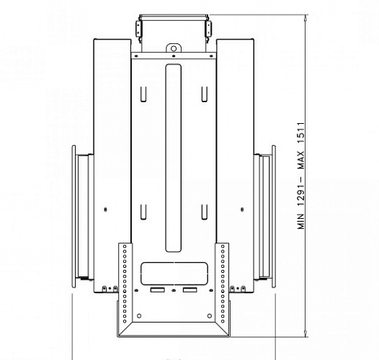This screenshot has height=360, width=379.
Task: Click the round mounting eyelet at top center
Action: tap(173, 48)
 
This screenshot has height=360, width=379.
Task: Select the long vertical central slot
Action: tap(172, 158)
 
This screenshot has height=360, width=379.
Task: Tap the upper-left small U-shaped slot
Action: tap(144, 94)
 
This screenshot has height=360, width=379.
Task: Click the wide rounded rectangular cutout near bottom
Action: tap(172, 271)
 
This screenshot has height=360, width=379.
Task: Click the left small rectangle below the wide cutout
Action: tap(156, 290)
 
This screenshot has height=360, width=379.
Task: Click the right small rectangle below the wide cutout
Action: tap(189, 290)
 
